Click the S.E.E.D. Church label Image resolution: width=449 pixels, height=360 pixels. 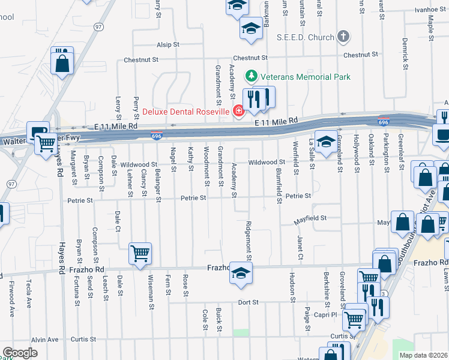click(305, 37)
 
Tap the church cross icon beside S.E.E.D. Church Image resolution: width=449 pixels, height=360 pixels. click(343, 37)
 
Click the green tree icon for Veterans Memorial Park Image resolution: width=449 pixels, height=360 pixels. click(251, 77)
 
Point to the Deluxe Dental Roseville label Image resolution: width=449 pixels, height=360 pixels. click(186, 111)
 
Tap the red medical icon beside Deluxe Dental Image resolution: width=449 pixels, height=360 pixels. click(238, 111)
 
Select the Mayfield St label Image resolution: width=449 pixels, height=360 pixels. click(311, 218)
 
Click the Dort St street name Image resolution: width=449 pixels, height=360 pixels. click(247, 302)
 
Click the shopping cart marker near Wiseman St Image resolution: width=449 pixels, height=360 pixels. click(140, 254)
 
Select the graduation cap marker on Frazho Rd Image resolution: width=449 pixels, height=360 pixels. click(241, 273)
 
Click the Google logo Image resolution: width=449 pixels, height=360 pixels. click(20, 353)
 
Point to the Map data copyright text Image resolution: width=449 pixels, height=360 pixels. click(423, 355)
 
